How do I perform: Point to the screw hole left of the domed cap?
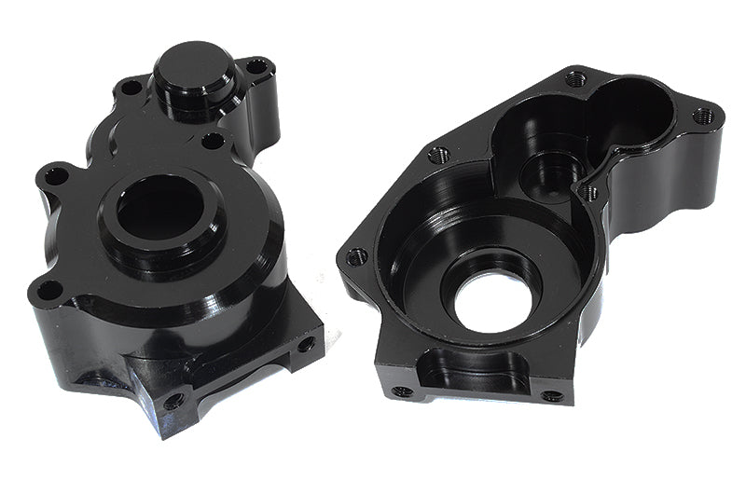pos(131,88)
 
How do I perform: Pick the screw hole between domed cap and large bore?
pos(214,141)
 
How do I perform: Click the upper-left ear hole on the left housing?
pos(57,174)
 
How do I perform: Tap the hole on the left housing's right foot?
pos(306,344)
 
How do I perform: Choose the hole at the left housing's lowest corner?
pos(173,402)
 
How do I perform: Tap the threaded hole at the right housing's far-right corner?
pos(705,116)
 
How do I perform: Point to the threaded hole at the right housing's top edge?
pos(576,79)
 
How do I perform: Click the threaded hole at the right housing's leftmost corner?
pos(356,256)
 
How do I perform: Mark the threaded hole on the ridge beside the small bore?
pos(588,193)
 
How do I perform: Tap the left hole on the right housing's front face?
pos(402,391)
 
